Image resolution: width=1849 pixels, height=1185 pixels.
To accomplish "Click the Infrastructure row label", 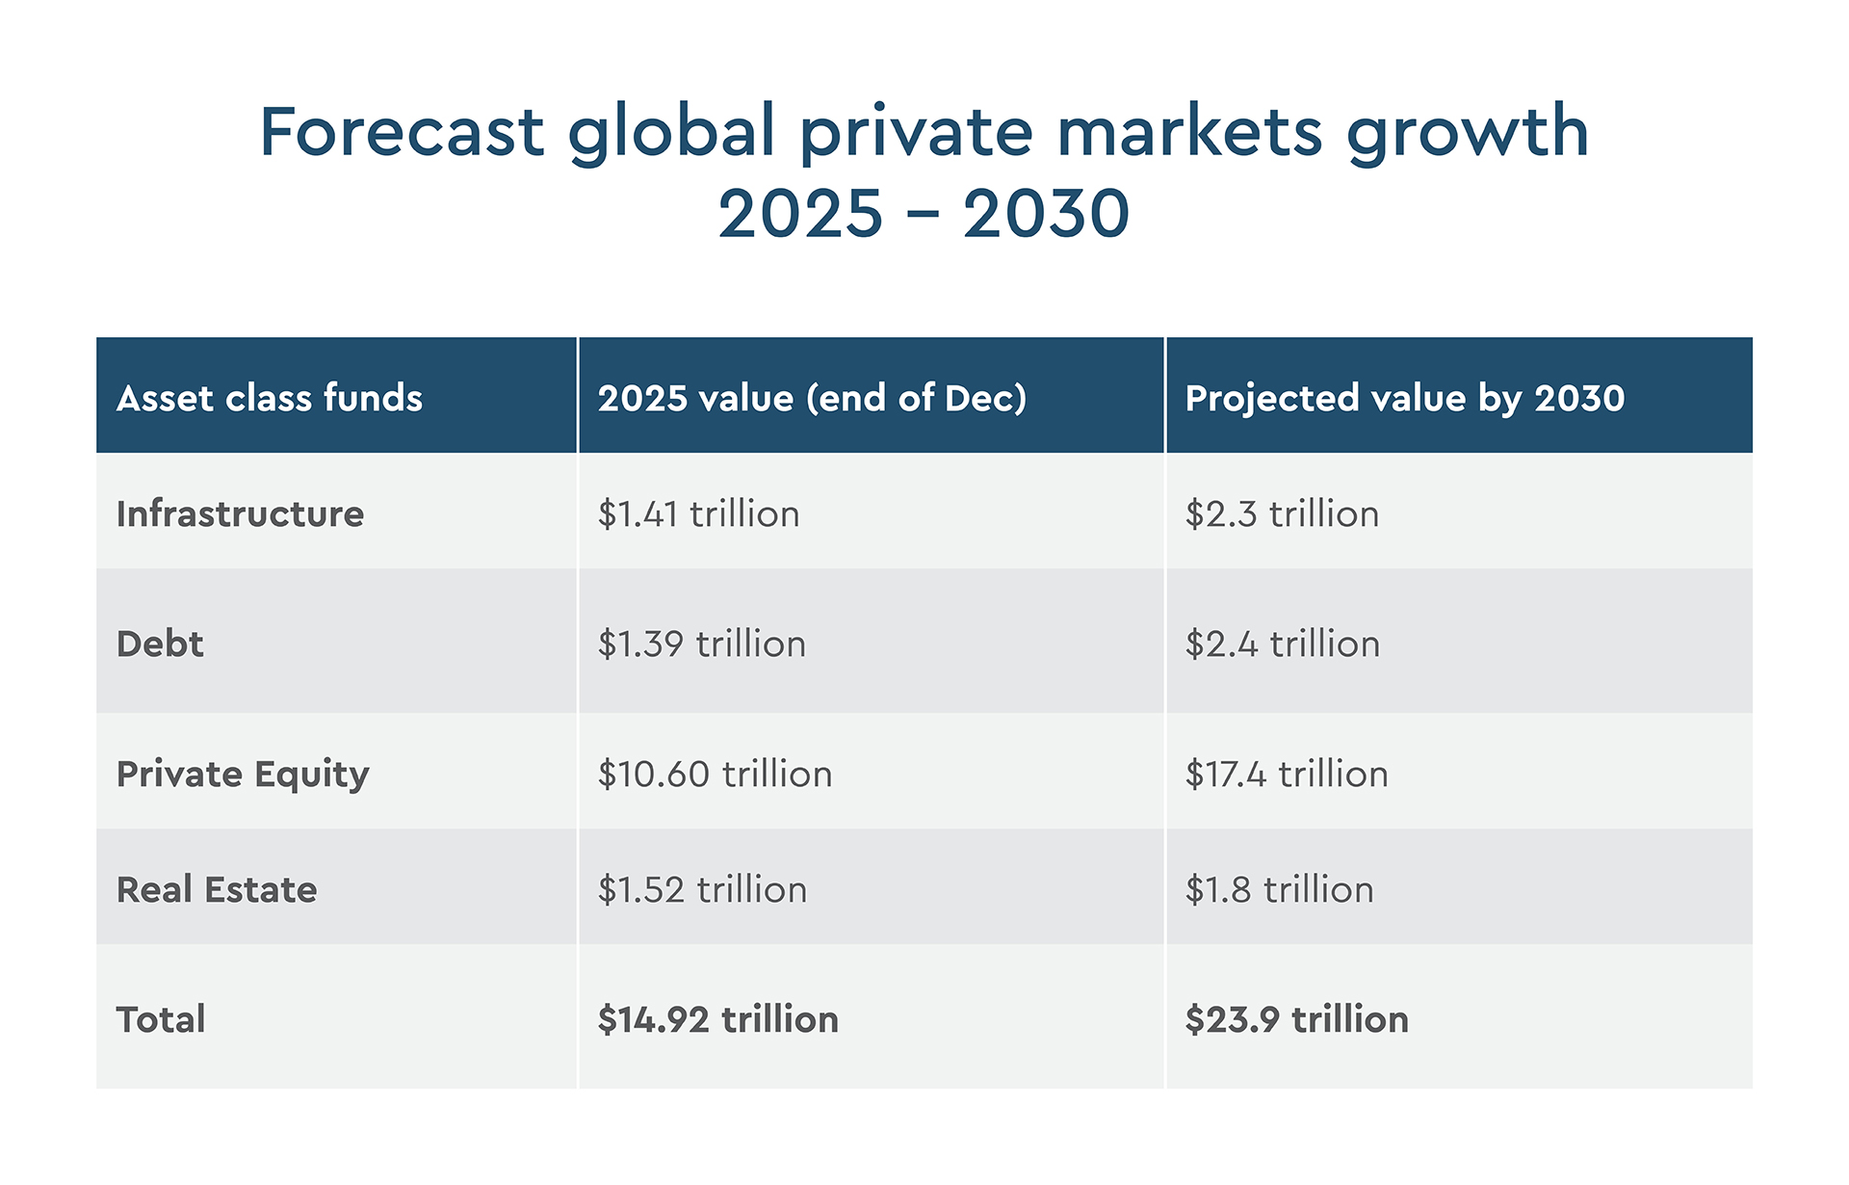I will click(240, 513).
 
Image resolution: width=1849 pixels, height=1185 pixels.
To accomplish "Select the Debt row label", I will click(160, 644).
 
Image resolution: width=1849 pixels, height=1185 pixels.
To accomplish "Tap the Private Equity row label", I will click(243, 775).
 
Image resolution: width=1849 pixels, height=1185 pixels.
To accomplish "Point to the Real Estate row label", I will click(217, 889).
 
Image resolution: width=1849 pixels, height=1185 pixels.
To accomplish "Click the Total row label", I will click(161, 1019).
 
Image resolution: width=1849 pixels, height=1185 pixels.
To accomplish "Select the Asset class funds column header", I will click(270, 398).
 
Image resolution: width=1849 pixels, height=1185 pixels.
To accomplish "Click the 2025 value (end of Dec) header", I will click(812, 398).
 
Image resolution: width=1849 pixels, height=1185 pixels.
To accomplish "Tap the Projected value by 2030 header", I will click(1404, 398).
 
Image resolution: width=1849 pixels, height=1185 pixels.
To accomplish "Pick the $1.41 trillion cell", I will click(698, 513).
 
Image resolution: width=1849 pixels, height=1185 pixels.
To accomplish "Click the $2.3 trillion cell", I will click(1282, 513).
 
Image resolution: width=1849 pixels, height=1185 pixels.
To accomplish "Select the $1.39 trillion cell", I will click(701, 644).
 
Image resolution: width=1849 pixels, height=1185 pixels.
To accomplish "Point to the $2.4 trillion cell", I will click(1282, 644).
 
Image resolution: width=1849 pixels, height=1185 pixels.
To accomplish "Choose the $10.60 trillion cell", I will click(715, 774).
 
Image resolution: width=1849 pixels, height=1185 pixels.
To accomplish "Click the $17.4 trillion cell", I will click(1287, 774).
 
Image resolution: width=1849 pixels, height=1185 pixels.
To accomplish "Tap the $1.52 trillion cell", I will click(702, 889).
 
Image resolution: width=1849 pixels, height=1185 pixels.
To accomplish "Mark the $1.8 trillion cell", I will click(1279, 889).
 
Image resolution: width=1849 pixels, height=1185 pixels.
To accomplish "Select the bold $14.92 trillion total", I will click(717, 1019).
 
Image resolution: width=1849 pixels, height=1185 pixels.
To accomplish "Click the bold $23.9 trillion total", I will click(1296, 1019).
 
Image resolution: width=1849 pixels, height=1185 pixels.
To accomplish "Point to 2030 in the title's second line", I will click(1046, 214).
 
